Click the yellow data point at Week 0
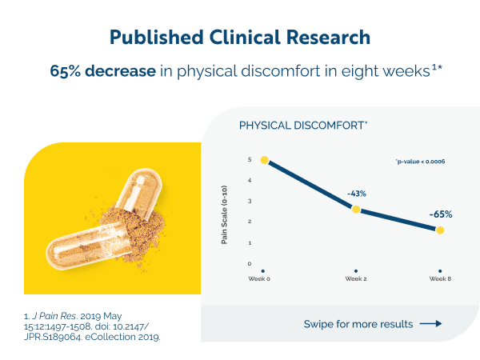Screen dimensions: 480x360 point(265,160)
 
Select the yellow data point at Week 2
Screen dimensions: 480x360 point(356,210)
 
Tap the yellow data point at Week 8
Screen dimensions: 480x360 point(440,230)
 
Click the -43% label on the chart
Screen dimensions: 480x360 point(357,194)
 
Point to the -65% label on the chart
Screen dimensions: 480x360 point(441,214)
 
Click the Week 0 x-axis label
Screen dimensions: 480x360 point(259,278)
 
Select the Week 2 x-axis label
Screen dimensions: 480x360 point(356,278)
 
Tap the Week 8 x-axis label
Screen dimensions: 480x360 point(440,278)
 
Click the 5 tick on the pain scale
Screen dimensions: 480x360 point(250,159)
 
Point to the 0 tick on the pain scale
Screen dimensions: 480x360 point(250,263)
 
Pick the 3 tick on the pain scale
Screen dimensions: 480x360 point(250,201)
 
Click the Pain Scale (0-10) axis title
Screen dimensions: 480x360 point(224,214)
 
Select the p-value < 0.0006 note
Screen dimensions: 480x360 point(420,162)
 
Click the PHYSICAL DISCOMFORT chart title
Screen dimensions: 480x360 point(303,126)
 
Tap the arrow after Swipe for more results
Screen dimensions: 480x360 point(430,323)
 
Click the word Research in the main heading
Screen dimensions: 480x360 point(328,38)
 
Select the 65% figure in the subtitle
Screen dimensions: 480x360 point(66,71)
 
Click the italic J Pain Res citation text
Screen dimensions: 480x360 point(54,316)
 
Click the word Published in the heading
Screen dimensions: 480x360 point(157,38)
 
